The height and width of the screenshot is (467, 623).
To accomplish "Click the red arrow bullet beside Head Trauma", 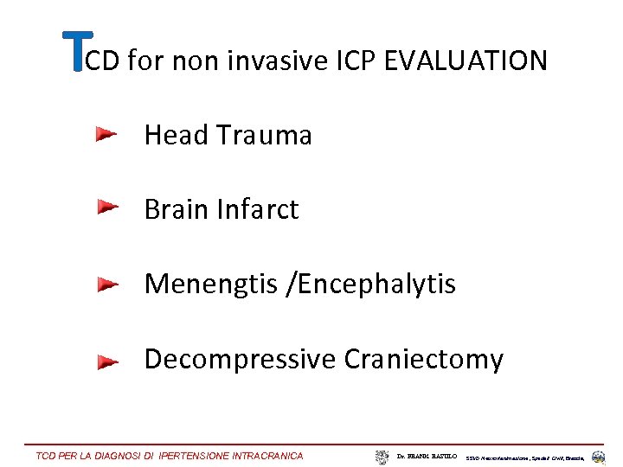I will click(x=106, y=134).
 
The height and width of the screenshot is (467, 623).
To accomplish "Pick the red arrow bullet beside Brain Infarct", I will click(x=106, y=208).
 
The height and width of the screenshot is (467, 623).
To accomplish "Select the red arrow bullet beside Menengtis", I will click(x=106, y=284).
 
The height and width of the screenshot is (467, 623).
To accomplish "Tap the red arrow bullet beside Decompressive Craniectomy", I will click(x=106, y=360).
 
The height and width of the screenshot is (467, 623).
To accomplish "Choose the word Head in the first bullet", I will click(x=177, y=135).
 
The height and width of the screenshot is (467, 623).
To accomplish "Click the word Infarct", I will click(x=260, y=209).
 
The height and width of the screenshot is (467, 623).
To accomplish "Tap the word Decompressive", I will click(x=240, y=359).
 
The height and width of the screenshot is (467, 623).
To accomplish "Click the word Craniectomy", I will click(x=423, y=359).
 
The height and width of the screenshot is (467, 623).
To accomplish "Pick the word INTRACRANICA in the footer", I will click(x=268, y=456).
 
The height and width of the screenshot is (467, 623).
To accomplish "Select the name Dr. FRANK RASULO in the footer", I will click(x=427, y=456).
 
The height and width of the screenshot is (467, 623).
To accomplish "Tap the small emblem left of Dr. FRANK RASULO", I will click(x=382, y=456).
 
